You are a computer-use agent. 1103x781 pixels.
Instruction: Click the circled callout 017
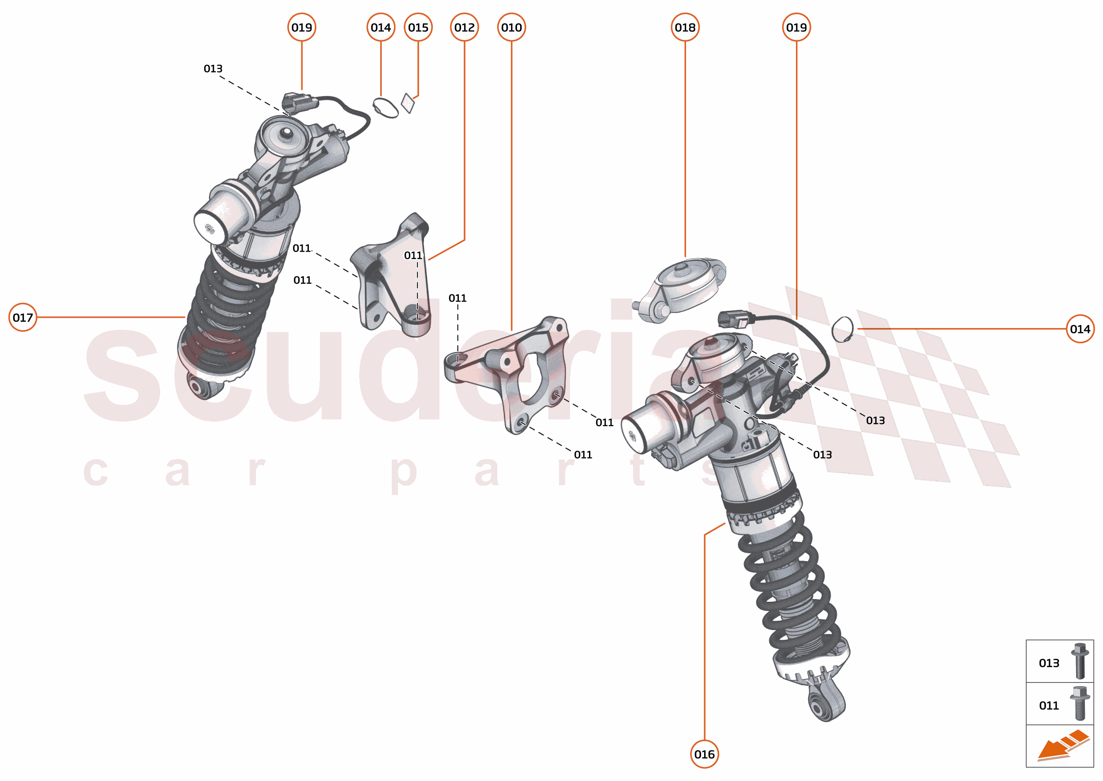click(x=23, y=317)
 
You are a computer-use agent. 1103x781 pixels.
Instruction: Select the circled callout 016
click(x=704, y=754)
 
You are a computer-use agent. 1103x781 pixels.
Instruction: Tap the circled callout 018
click(x=685, y=27)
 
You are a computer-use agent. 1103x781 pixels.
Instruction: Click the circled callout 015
click(x=418, y=27)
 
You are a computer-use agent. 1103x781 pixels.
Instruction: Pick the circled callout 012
click(x=464, y=27)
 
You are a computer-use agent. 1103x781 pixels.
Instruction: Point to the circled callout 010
click(x=511, y=27)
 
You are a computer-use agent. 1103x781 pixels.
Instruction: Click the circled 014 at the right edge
click(x=1080, y=329)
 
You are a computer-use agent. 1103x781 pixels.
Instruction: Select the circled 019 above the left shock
click(x=302, y=27)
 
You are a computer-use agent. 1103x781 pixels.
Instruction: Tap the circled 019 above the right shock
click(x=796, y=27)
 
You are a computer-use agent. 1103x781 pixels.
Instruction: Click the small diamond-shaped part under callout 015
click(x=408, y=103)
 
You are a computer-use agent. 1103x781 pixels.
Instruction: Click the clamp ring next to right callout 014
click(x=843, y=329)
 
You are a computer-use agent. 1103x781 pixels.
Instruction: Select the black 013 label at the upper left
click(x=213, y=69)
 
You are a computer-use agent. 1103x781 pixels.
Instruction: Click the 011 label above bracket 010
click(x=457, y=298)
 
